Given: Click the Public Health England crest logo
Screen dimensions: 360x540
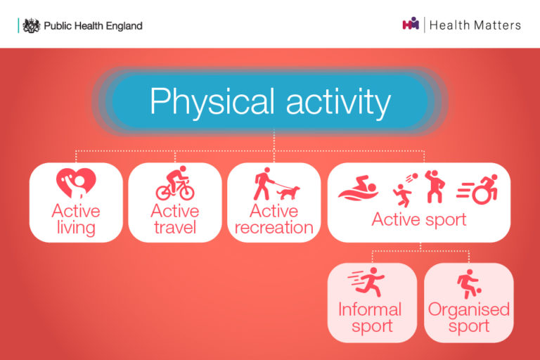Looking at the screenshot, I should tap(31, 25).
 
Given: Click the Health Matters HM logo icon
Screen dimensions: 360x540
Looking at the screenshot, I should tap(411, 25).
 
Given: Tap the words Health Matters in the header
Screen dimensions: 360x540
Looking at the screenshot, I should tap(475, 25).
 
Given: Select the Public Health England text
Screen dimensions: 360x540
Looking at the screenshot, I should tap(93, 26).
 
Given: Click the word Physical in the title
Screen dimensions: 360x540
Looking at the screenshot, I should tap(210, 102).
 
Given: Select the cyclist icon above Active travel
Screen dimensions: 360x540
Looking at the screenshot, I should tap(174, 184).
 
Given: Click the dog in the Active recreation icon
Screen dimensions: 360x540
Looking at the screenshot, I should tap(288, 192).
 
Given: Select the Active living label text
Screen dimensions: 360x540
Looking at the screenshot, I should tap(76, 219).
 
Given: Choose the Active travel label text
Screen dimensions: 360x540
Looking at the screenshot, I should tap(174, 219).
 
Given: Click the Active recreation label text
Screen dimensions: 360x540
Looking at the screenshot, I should tap(274, 219).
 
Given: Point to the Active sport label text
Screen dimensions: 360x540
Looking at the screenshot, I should tap(418, 219).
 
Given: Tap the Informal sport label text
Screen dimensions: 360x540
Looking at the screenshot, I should tap(370, 318).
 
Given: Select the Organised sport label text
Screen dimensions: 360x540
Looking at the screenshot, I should tap(469, 318).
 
